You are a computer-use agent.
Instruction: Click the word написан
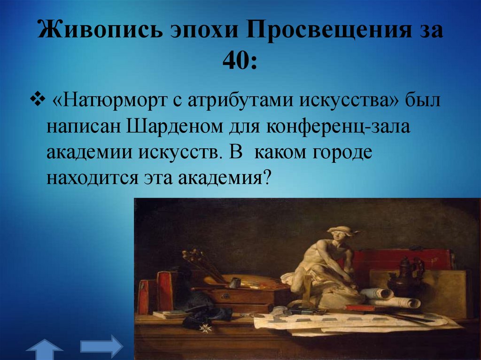tap(83, 127)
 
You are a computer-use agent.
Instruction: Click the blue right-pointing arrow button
tap(101, 346)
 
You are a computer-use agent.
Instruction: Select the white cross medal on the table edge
tap(205, 328)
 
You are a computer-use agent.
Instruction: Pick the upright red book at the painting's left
tap(165, 291)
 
